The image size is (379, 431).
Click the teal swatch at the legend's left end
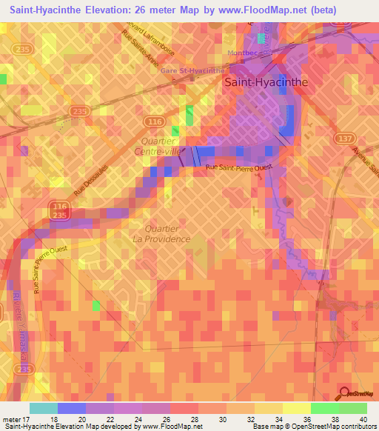tap(44, 408)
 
